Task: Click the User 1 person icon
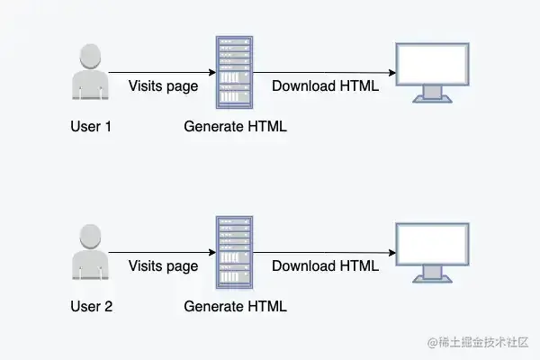pyautogui.click(x=90, y=73)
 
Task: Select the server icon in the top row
pyautogui.click(x=234, y=72)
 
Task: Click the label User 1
pyautogui.click(x=91, y=127)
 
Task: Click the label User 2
pyautogui.click(x=91, y=307)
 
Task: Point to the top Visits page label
pyautogui.click(x=163, y=86)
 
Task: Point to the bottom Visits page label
pyautogui.click(x=163, y=266)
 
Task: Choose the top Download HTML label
pyautogui.click(x=325, y=86)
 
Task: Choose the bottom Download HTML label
pyautogui.click(x=325, y=266)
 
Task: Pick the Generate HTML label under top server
pyautogui.click(x=235, y=127)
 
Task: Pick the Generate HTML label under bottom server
pyautogui.click(x=235, y=307)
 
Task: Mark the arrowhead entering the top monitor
pyautogui.click(x=392, y=73)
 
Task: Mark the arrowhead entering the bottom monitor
pyautogui.click(x=392, y=253)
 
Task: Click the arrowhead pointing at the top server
pyautogui.click(x=211, y=72)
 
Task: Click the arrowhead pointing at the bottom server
pyautogui.click(x=211, y=252)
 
